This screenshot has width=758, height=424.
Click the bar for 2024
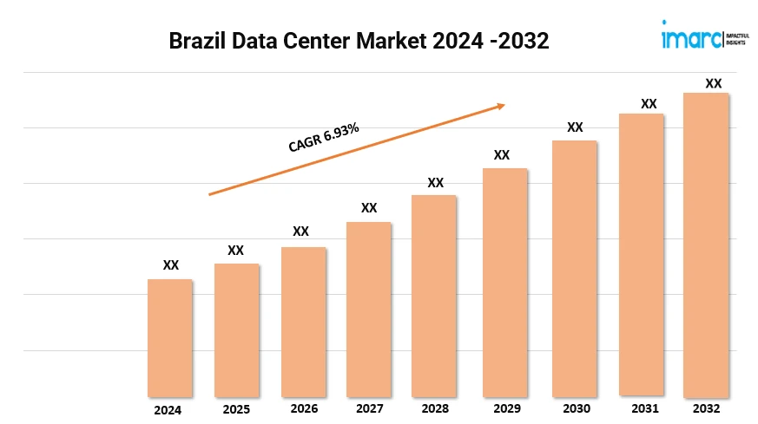[170, 337]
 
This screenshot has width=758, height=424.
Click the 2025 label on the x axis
[235, 409]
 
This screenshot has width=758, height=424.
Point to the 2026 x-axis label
[304, 408]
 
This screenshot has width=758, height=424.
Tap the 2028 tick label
[435, 408]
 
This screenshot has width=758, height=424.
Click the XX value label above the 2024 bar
[171, 265]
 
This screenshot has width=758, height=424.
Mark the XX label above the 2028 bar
[436, 183]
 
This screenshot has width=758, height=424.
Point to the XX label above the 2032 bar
[713, 83]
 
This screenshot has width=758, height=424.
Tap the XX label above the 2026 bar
[300, 232]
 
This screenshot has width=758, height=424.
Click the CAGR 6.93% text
[324, 137]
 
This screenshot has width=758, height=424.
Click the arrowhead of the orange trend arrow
[500, 106]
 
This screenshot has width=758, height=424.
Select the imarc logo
[689, 37]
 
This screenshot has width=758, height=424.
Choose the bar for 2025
[236, 329]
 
